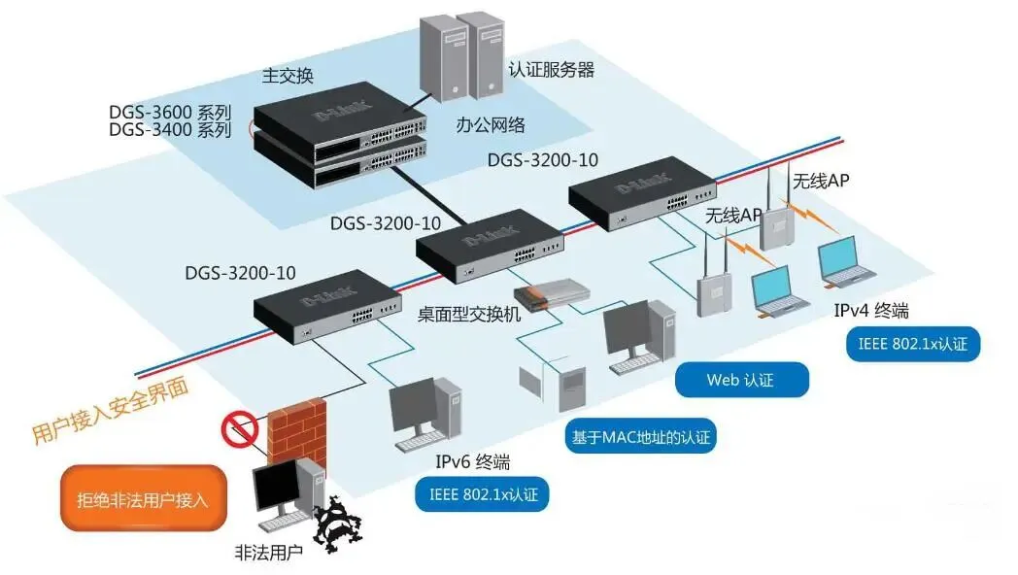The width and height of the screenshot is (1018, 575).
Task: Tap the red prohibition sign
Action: [239, 428]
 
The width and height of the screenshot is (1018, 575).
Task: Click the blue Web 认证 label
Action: [742, 380]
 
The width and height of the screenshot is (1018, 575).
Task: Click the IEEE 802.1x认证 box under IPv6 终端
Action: [482, 494]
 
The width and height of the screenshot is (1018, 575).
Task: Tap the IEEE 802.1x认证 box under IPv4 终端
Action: [912, 344]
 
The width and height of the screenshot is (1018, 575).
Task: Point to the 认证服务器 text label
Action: [551, 70]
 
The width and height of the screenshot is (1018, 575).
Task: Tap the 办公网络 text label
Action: [491, 124]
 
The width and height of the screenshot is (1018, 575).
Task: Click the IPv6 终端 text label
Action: [473, 461]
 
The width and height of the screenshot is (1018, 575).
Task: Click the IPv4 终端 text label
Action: [870, 311]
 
